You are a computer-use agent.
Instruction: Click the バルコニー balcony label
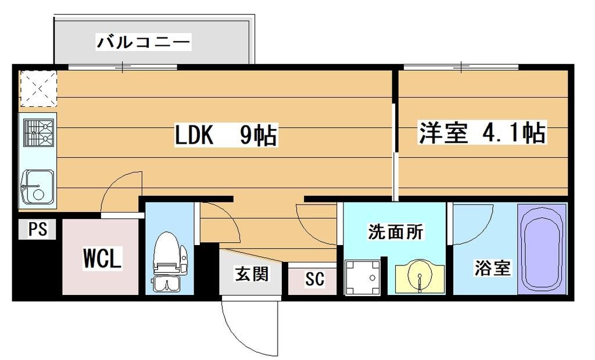click(x=144, y=42)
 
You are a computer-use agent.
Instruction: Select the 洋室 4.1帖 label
click(x=482, y=133)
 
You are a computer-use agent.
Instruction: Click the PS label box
click(x=38, y=229)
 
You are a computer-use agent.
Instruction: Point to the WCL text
click(x=102, y=258)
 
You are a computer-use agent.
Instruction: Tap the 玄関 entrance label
click(x=252, y=273)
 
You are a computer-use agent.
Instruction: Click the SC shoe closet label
click(x=314, y=279)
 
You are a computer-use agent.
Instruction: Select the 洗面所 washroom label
click(x=395, y=232)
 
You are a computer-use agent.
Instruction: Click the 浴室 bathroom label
click(x=492, y=268)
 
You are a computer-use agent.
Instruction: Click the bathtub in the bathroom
click(x=542, y=249)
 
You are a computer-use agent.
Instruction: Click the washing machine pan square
click(x=362, y=277)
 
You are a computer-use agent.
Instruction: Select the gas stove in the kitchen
click(x=38, y=133)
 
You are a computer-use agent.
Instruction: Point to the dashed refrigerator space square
click(x=38, y=89)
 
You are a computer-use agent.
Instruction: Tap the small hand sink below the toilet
click(x=167, y=285)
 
